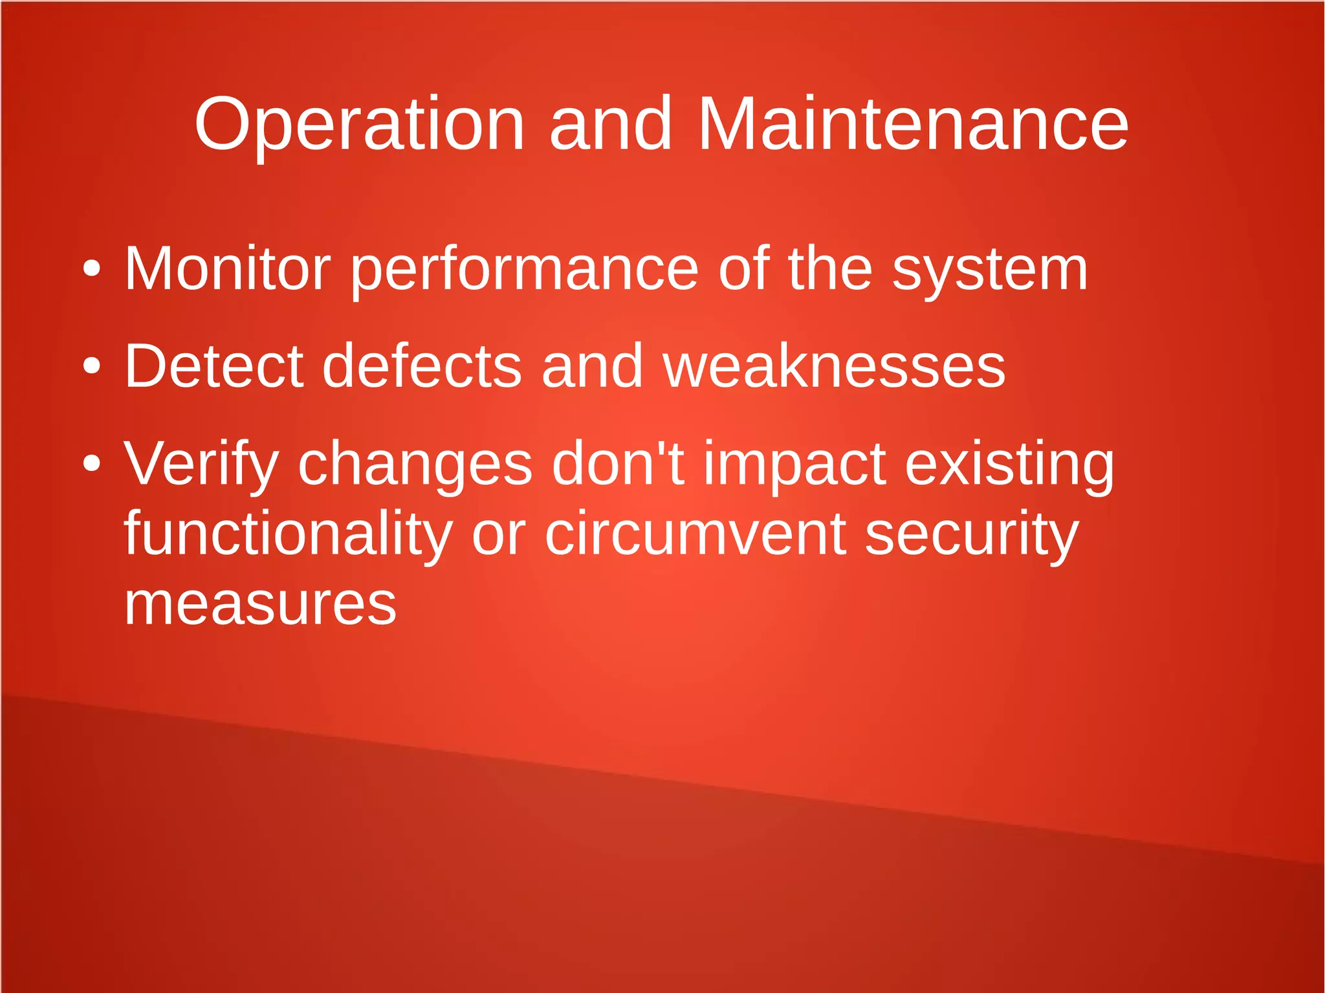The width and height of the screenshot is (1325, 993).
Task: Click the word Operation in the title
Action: tap(359, 124)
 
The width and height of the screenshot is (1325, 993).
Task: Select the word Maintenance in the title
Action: tap(913, 124)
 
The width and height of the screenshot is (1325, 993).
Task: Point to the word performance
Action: tap(525, 270)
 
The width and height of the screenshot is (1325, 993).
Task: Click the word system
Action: tap(990, 270)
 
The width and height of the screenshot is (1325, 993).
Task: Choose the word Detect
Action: tap(214, 366)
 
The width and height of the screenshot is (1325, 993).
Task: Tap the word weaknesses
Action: tap(834, 366)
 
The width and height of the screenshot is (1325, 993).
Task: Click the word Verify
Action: tap(201, 464)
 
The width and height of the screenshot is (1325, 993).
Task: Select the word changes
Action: tap(415, 464)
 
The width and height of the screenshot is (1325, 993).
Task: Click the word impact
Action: tap(794, 464)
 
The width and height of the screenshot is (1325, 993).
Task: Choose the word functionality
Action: tap(288, 534)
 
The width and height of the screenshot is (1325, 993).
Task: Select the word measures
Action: tap(260, 605)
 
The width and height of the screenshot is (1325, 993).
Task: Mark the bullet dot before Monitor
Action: tap(92, 268)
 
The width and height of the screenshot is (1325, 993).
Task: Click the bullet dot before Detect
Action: tap(92, 366)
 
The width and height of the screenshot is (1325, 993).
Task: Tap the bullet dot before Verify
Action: tap(92, 463)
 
